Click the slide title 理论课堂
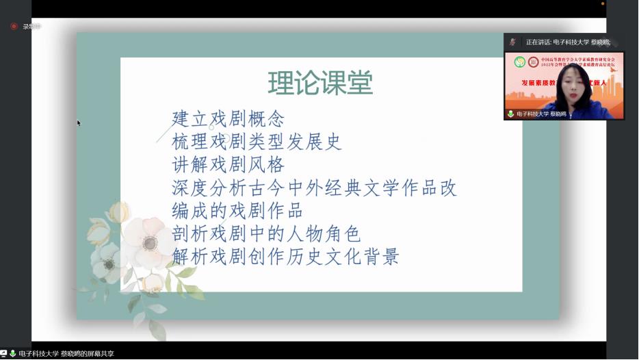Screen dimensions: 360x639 320,84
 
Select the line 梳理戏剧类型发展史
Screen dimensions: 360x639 257,142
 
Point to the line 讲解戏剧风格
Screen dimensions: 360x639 228,165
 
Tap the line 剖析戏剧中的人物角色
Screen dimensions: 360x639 266,234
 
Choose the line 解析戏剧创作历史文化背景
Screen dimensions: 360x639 285,257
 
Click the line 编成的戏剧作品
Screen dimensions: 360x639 237,211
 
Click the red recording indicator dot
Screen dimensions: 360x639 14,27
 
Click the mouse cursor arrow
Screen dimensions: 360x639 79,123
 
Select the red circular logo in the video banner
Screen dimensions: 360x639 533,62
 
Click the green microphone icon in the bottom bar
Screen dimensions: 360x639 12,354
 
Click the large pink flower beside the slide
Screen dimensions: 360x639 148,240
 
